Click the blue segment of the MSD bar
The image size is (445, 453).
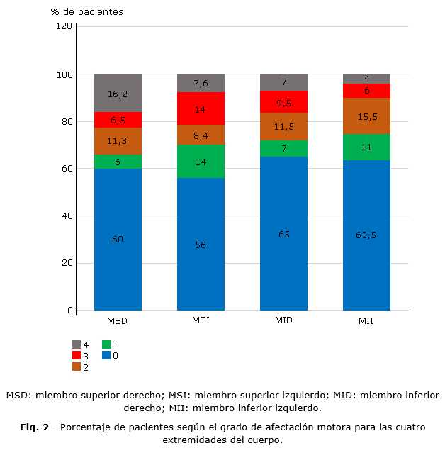118,239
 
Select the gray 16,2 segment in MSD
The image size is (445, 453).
118,93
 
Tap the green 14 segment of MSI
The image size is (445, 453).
201,161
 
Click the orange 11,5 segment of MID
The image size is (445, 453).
283,126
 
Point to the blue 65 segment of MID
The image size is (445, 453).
283,233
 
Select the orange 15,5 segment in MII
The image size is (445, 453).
366,116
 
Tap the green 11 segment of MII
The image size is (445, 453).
366,147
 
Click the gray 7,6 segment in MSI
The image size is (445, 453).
201,83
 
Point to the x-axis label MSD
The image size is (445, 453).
118,321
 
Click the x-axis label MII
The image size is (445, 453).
366,321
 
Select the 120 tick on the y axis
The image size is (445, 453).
64,26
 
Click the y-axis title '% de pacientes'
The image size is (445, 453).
86,11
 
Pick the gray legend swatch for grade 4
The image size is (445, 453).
76,344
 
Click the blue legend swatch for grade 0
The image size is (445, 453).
106,355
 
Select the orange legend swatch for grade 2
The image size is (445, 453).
76,367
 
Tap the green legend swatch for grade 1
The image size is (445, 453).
106,344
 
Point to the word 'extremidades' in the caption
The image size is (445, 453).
193,440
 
